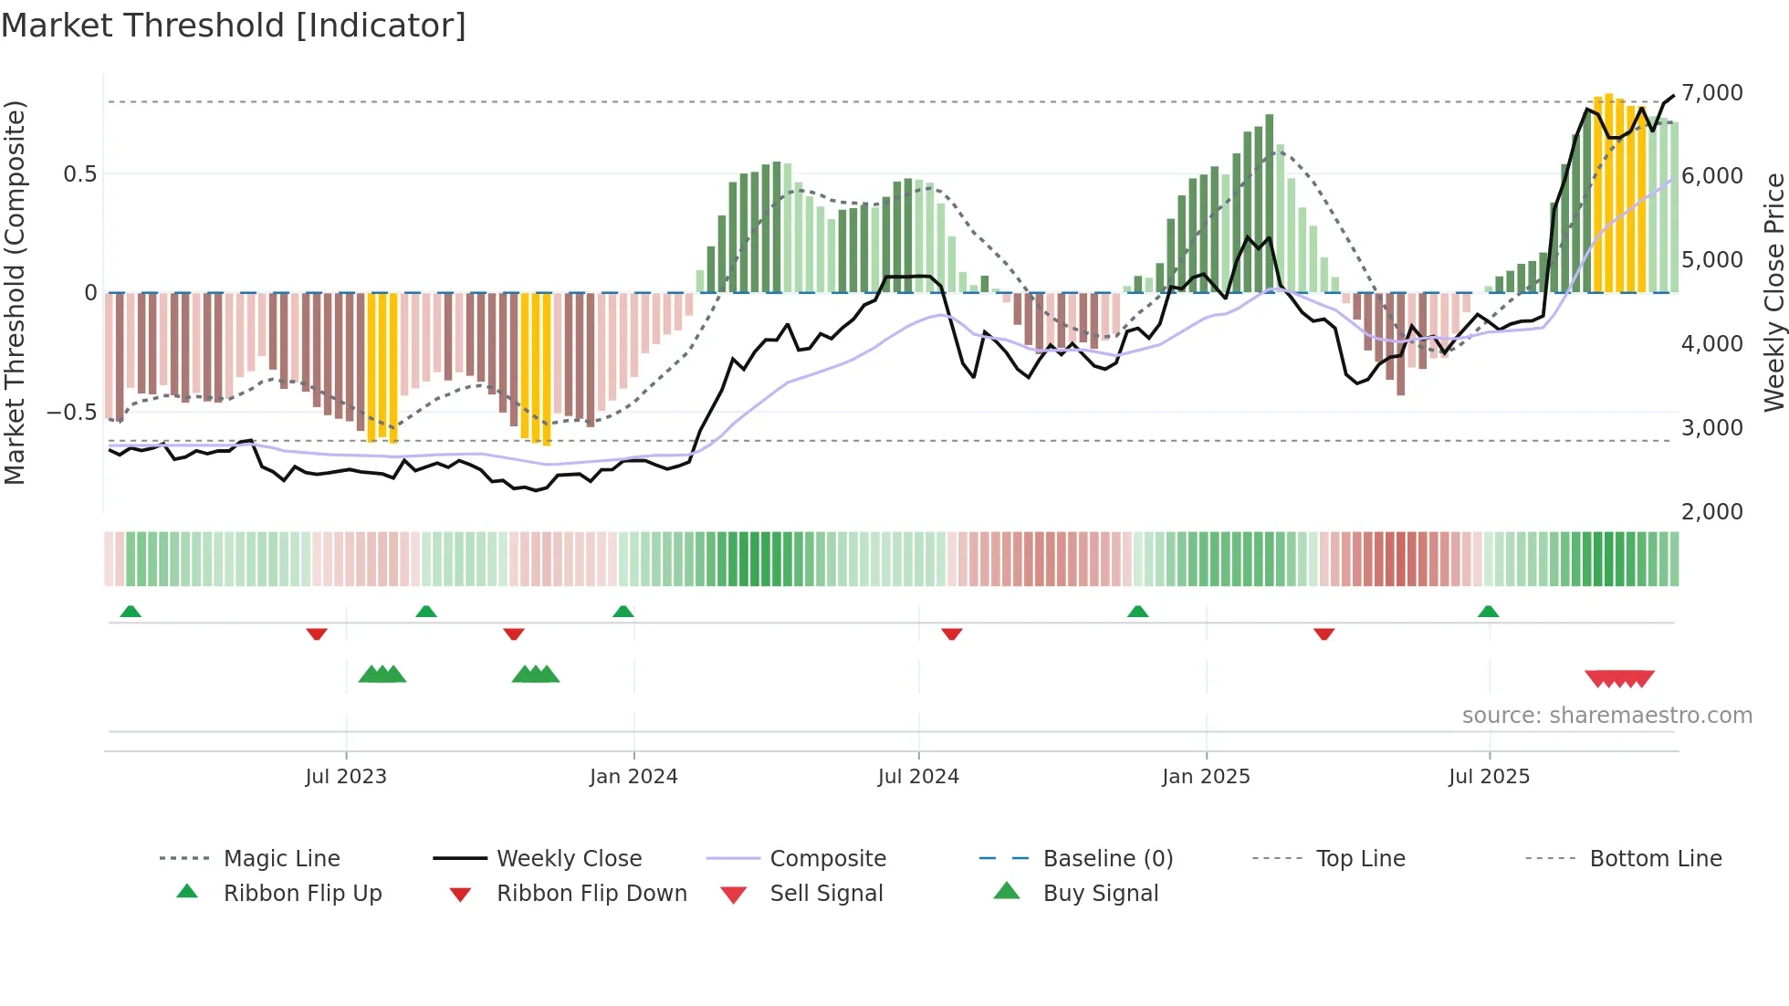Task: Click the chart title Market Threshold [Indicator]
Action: (234, 26)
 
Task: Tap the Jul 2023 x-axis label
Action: (346, 777)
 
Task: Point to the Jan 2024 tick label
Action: (633, 777)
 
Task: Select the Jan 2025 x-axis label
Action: (1206, 777)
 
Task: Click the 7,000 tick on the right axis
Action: (1712, 93)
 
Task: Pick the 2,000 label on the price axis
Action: (1712, 512)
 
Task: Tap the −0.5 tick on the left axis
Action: (71, 413)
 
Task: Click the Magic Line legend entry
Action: (281, 859)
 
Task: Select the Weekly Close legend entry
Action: (569, 859)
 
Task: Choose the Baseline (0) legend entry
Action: (1107, 859)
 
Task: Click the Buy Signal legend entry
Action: (1100, 894)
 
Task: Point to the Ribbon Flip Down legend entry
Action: (591, 894)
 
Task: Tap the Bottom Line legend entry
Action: (1655, 859)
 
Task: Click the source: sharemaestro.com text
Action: (1606, 716)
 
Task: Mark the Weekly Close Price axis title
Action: (1773, 292)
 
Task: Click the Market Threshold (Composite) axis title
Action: (15, 292)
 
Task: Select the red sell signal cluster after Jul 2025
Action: (1619, 678)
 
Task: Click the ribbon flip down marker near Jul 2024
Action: (951, 634)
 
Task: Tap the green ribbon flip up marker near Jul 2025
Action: (1488, 612)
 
